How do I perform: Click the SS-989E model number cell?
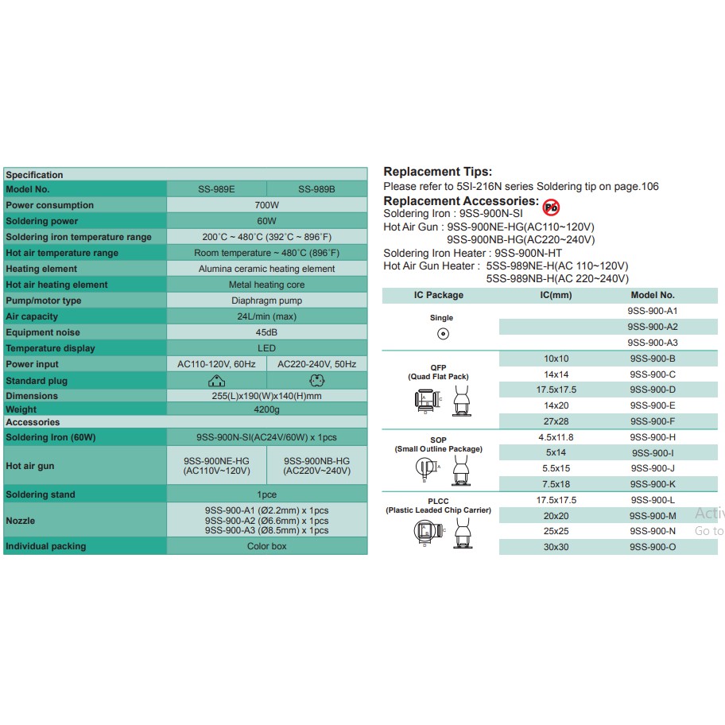click(216, 189)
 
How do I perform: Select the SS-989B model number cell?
click(316, 189)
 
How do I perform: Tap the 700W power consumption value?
click(266, 205)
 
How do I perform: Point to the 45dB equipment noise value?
click(266, 332)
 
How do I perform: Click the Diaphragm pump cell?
click(266, 300)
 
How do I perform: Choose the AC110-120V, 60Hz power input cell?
click(216, 364)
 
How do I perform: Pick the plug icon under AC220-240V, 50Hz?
click(316, 380)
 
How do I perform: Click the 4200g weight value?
click(266, 409)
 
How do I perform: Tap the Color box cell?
click(266, 546)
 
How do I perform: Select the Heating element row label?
click(41, 269)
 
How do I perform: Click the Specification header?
click(34, 175)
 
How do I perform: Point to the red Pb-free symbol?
click(550, 207)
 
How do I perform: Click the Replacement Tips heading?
click(437, 172)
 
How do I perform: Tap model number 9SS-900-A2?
click(652, 327)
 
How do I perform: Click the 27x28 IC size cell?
click(556, 421)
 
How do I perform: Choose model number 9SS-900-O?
click(652, 547)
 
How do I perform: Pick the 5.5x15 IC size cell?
click(556, 468)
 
